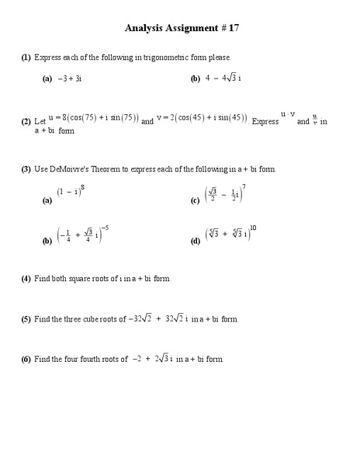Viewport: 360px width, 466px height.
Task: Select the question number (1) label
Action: coord(26,57)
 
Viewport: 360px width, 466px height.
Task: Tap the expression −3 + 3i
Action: coord(70,78)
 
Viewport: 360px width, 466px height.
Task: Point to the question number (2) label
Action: coord(26,122)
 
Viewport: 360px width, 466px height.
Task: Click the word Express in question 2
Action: coord(265,122)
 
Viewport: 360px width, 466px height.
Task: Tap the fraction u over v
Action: coord(315,120)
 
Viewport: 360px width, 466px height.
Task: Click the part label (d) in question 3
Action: coord(196,242)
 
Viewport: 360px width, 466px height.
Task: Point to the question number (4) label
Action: coord(26,278)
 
